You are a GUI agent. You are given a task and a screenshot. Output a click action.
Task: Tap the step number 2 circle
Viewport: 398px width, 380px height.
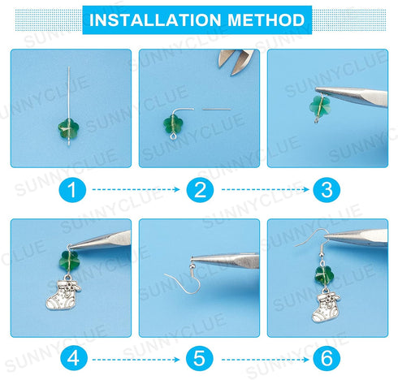[x=198, y=192]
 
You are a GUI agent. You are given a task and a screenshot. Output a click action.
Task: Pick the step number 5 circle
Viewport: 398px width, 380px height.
[x=198, y=356]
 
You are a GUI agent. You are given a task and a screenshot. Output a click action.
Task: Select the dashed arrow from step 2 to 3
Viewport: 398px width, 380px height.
[x=262, y=192]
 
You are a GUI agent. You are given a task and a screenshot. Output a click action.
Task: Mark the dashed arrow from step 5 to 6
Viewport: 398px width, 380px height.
[x=262, y=356]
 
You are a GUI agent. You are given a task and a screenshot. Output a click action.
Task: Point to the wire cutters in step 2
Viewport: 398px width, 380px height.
[x=236, y=63]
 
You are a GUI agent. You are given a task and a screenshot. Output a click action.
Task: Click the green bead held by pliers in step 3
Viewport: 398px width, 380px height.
[x=322, y=108]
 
